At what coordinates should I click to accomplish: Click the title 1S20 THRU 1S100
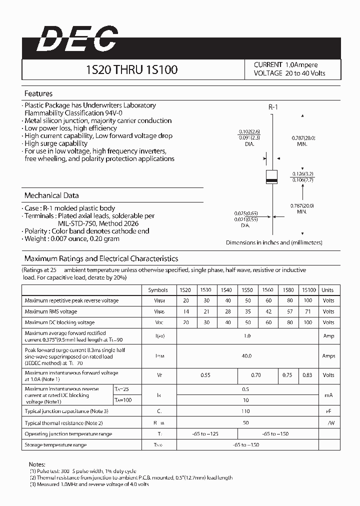click(x=132, y=69)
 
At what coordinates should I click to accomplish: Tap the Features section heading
click(x=38, y=93)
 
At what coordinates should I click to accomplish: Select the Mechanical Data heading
click(x=51, y=195)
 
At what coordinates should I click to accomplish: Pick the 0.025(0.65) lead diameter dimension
click(x=245, y=213)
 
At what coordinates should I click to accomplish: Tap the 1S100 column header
click(x=308, y=290)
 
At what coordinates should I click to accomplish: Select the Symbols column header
click(x=158, y=290)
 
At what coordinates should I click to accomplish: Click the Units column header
click(x=327, y=290)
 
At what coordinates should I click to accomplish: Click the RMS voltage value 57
click(x=289, y=311)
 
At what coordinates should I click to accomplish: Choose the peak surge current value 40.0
click(x=246, y=356)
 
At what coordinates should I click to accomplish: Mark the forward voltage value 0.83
click(x=308, y=374)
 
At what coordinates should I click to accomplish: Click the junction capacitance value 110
click(x=246, y=411)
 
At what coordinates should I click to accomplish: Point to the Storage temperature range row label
click(x=55, y=444)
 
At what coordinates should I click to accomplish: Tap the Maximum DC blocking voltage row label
click(x=59, y=322)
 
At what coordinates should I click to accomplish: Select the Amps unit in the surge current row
click(x=328, y=356)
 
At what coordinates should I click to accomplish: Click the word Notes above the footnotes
click(x=37, y=464)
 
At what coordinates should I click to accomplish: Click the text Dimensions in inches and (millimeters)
click(x=274, y=242)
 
